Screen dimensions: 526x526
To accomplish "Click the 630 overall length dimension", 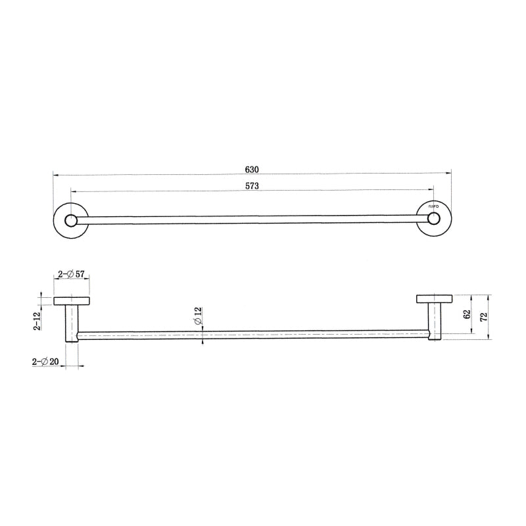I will pyautogui.click(x=252, y=168).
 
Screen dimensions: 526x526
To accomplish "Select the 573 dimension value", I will pyautogui.click(x=252, y=186).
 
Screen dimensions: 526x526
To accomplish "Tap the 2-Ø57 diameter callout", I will pyautogui.click(x=70, y=274).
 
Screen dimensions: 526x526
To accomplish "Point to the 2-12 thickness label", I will pyautogui.click(x=38, y=320).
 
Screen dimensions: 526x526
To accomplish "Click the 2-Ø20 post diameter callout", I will pyautogui.click(x=46, y=362).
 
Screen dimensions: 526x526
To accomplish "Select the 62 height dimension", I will pyautogui.click(x=467, y=314).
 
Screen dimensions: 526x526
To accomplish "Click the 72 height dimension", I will pyautogui.click(x=485, y=317).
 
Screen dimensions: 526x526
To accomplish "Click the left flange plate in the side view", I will pyautogui.click(x=72, y=300).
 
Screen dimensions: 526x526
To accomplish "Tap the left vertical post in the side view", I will pyautogui.click(x=71, y=322).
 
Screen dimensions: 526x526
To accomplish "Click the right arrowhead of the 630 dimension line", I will pyautogui.click(x=449, y=174).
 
